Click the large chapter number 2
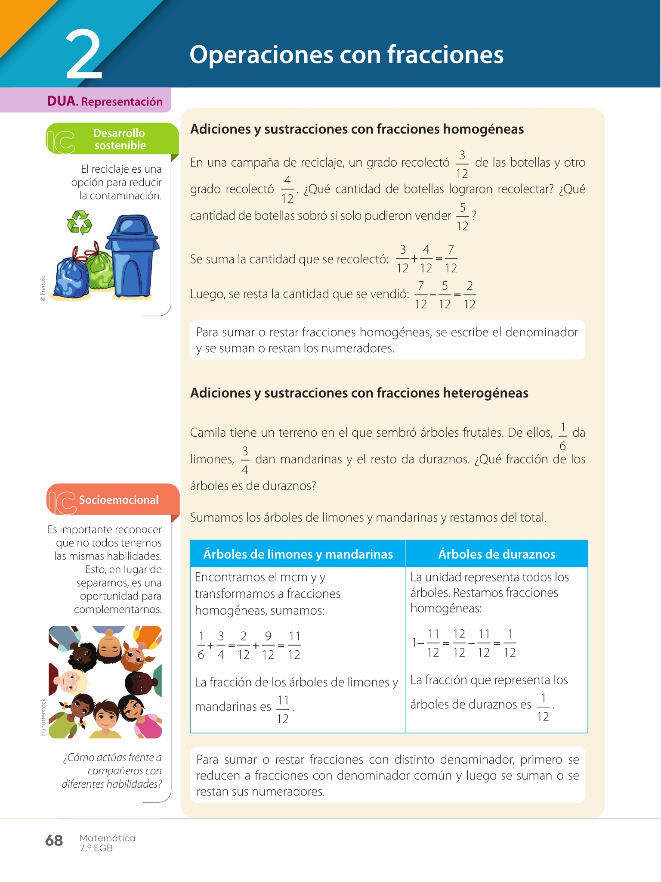tap(84, 55)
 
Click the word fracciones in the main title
tap(445, 55)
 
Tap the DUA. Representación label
tap(105, 101)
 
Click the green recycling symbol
tap(80, 222)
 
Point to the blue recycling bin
tap(133, 256)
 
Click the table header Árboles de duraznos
tap(497, 554)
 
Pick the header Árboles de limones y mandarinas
tap(298, 554)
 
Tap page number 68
tap(54, 840)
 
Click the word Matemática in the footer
tap(107, 838)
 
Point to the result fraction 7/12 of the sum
tap(451, 259)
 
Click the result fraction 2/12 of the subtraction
tap(469, 295)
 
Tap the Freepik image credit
tap(43, 288)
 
